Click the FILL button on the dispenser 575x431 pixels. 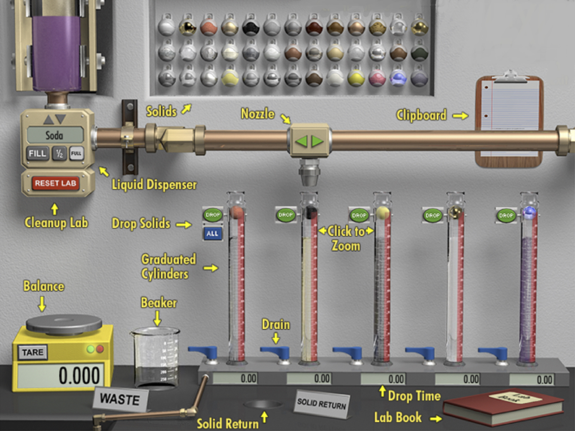pyautogui.click(x=37, y=153)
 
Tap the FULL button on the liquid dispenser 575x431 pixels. pyautogui.click(x=76, y=153)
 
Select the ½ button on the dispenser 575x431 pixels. pyautogui.click(x=59, y=154)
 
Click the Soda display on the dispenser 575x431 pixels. pyautogui.click(x=55, y=135)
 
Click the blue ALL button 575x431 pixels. pyautogui.click(x=212, y=233)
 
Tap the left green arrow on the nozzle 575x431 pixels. pyautogui.click(x=301, y=141)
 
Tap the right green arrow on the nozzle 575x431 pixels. pyautogui.click(x=318, y=141)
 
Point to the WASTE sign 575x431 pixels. pyautogui.click(x=120, y=400)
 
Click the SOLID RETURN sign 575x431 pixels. pyautogui.click(x=321, y=403)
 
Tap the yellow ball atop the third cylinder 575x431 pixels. pyautogui.click(x=382, y=212)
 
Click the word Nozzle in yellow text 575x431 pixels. pyautogui.click(x=257, y=114)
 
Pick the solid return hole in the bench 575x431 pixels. pyautogui.click(x=263, y=404)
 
